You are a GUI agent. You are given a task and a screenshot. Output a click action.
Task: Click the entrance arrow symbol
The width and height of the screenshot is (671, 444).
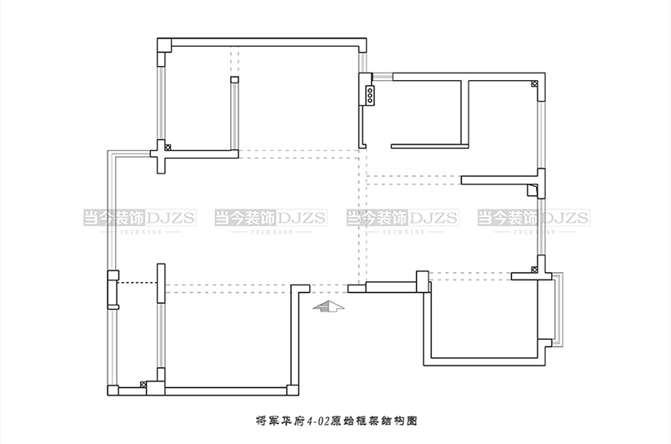pos(328,306)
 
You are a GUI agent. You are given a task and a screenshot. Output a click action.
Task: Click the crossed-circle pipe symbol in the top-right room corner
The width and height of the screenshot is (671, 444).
pos(533,83)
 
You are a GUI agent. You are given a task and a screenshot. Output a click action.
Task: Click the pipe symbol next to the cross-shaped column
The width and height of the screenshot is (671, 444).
pos(168,147)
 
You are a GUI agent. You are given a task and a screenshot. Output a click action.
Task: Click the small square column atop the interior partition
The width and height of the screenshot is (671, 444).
pos(234,79)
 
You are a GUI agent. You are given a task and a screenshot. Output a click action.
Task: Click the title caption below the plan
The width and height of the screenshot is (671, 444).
pos(335,421)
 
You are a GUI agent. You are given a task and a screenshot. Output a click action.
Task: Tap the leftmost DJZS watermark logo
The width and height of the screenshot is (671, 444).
pos(139,219)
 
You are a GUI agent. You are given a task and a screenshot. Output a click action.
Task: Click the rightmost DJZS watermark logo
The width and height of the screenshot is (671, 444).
pos(533,219)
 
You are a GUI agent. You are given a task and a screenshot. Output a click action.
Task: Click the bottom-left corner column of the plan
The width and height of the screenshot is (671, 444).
pos(113,390)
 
